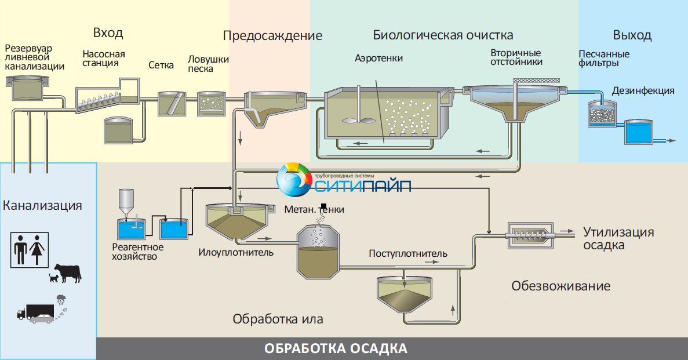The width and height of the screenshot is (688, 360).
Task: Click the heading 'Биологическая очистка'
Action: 443,35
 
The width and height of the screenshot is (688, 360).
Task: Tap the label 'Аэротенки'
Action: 378,59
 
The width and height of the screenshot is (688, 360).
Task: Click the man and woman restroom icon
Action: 30,249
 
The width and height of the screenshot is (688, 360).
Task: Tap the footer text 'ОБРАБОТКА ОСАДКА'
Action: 336,349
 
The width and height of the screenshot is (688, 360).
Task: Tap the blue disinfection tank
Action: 638,133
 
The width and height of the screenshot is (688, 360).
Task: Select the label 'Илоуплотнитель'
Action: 236,253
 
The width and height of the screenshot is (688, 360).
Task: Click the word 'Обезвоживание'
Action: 560,286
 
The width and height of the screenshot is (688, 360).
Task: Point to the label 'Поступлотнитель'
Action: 408,254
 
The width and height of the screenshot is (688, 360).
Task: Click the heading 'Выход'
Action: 632,35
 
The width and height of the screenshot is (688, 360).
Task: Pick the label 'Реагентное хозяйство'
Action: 138,252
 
